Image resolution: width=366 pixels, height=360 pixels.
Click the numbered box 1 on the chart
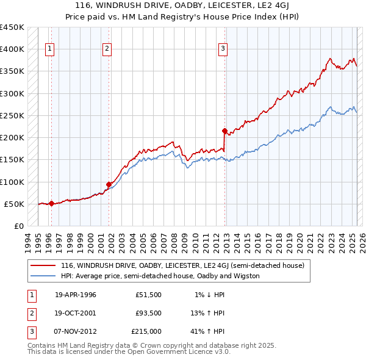coord(49,49)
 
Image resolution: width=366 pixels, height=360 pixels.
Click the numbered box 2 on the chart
coord(107,49)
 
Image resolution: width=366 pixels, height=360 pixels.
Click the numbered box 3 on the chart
coord(223,49)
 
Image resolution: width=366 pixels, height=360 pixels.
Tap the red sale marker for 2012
coord(224,131)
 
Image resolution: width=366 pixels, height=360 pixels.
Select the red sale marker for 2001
coord(109,184)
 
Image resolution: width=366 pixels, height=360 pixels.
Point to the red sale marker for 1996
coord(52,203)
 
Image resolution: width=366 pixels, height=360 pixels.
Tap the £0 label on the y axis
coord(18,226)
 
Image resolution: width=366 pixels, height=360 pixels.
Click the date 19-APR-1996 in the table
coord(76,295)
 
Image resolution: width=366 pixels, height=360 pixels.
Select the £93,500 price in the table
coord(148,313)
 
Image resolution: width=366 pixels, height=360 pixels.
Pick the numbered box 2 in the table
coord(30,313)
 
